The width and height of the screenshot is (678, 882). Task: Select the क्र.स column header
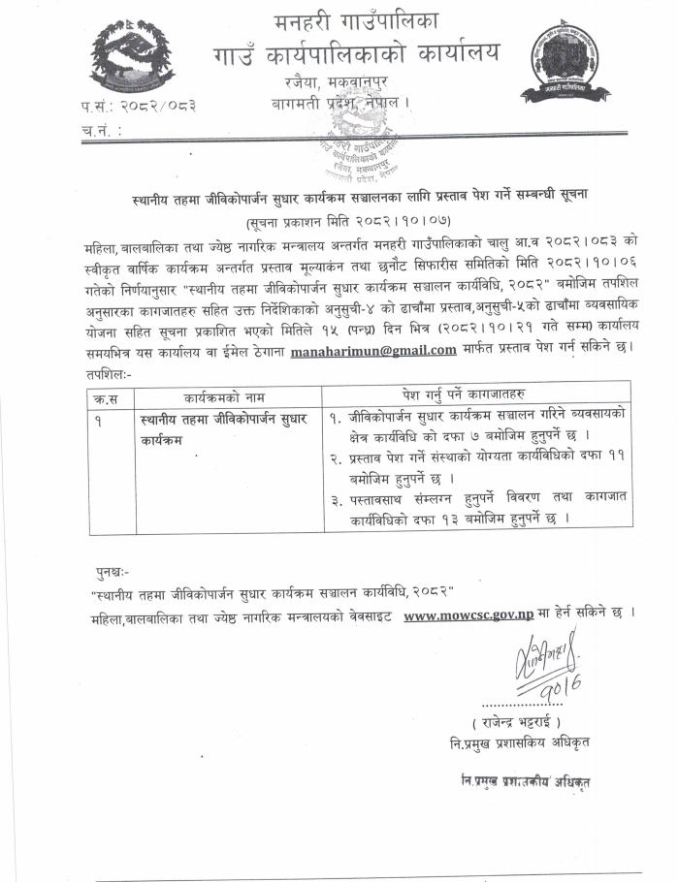click(x=104, y=394)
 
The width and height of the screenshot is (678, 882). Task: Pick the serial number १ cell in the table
click(x=102, y=419)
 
